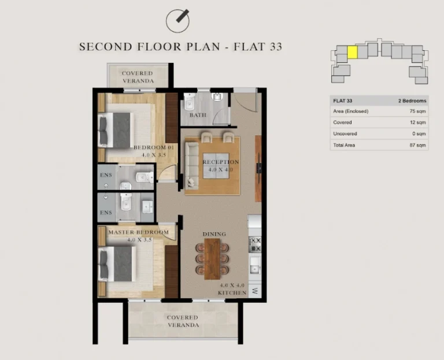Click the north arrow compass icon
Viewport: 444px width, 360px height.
[x=179, y=21]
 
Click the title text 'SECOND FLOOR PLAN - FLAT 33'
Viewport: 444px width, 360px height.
[x=180, y=47]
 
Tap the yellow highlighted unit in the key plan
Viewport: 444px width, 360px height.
[x=352, y=52]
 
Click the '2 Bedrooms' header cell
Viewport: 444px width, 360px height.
[x=412, y=101]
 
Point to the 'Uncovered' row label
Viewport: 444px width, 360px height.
[x=345, y=134]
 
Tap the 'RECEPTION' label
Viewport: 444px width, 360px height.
[x=220, y=162]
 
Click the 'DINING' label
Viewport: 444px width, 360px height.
[x=214, y=234]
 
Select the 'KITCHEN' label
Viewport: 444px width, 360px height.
[x=232, y=293]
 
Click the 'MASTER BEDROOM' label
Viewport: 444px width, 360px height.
[x=139, y=232]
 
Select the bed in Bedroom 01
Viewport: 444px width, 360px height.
[x=119, y=130]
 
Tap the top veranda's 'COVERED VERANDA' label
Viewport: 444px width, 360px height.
[x=137, y=77]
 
